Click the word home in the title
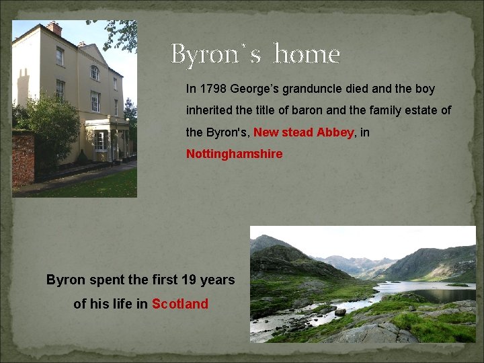(x=307, y=54)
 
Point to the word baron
(x=296, y=110)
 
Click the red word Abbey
(x=335, y=132)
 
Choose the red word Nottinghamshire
(x=234, y=154)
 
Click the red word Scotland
(x=180, y=304)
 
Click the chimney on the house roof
(x=54, y=28)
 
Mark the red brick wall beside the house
(x=23, y=159)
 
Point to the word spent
(x=99, y=280)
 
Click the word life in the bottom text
(x=122, y=304)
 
